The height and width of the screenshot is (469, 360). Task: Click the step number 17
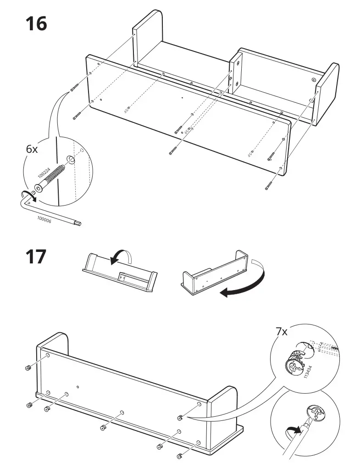35,257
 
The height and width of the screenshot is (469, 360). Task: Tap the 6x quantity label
32,150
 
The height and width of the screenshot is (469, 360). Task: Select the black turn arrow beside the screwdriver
292,430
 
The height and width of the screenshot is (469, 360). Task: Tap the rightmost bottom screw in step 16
269,185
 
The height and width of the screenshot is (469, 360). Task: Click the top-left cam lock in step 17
28,367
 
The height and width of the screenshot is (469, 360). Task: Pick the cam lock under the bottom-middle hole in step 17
103,428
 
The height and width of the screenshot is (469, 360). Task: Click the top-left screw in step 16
75,87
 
